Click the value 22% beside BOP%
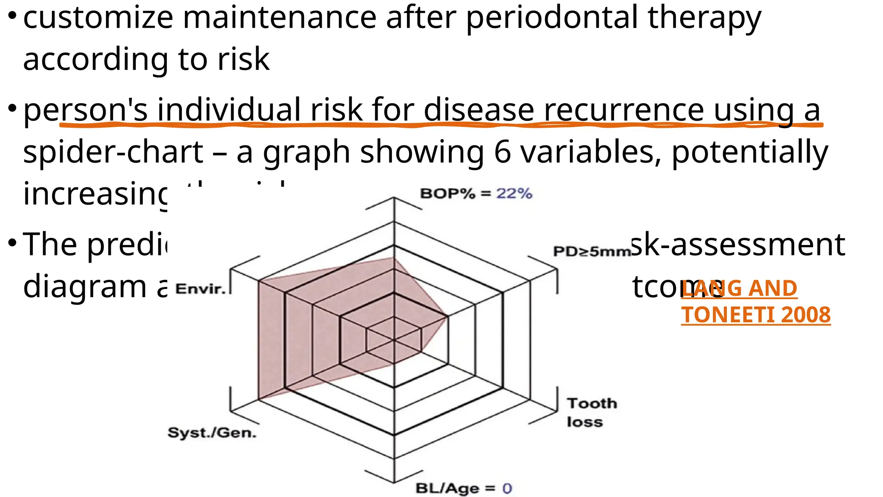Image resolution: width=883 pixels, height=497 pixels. click(514, 193)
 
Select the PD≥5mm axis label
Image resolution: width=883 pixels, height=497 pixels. click(592, 251)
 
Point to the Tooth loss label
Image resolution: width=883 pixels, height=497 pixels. click(592, 412)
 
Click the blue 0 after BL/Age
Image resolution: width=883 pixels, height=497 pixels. click(507, 488)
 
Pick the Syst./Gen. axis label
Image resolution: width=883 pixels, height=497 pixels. click(212, 432)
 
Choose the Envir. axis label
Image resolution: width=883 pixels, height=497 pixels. click(200, 289)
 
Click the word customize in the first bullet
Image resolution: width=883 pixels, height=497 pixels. click(98, 18)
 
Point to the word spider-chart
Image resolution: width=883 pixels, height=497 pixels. click(113, 152)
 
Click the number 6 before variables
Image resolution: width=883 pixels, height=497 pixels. click(502, 152)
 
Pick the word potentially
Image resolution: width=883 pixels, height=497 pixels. click(750, 153)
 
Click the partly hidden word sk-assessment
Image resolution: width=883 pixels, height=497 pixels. click(738, 244)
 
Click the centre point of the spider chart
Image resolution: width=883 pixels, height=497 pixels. click(394, 340)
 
